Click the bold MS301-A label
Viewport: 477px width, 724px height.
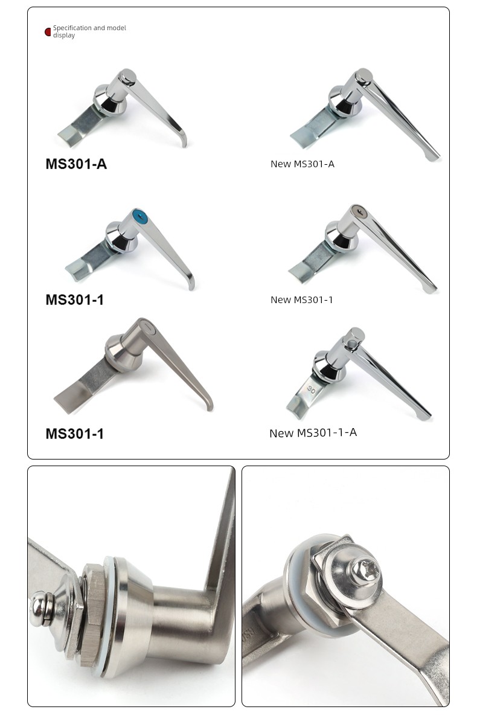pyautogui.click(x=76, y=164)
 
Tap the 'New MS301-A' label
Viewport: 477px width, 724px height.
pyautogui.click(x=303, y=164)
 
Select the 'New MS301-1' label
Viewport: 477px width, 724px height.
pyautogui.click(x=301, y=300)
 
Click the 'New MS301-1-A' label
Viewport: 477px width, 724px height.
pyautogui.click(x=313, y=432)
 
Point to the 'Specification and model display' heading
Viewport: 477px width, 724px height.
pyautogui.click(x=89, y=31)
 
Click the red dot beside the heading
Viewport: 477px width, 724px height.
pyautogui.click(x=48, y=32)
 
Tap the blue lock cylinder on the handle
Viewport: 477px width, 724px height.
pyautogui.click(x=139, y=216)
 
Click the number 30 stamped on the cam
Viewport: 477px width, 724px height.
pyautogui.click(x=311, y=389)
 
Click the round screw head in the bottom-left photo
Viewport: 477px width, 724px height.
pyautogui.click(x=40, y=609)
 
